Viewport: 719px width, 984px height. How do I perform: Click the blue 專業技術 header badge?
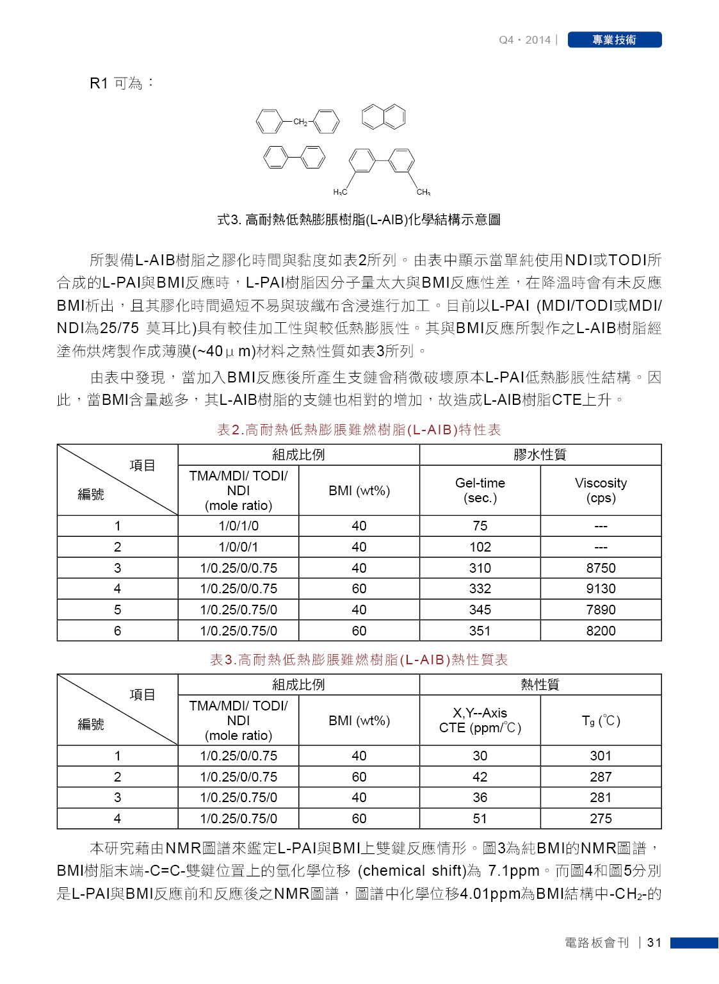coord(614,40)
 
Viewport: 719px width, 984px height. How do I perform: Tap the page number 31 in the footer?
coord(654,942)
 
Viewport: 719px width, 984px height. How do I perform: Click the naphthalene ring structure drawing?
coord(384,117)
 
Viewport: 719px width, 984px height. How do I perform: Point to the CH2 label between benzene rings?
coord(300,122)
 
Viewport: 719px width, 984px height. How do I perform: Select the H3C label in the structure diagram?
coord(340,192)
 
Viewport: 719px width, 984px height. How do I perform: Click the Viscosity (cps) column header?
coord(601,490)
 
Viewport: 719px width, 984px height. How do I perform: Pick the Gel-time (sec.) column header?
coord(480,490)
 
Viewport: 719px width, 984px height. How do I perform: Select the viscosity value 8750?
coord(601,568)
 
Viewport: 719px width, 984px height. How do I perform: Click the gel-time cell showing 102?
coord(480,547)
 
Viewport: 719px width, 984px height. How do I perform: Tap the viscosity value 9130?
coord(601,589)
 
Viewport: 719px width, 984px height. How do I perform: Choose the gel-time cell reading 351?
coord(480,631)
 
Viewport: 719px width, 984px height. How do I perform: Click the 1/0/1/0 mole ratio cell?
coord(238,526)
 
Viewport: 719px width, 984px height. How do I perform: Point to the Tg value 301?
coord(601,756)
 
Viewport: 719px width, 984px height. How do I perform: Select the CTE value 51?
coord(480,819)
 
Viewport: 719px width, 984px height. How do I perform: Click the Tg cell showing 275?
coord(601,819)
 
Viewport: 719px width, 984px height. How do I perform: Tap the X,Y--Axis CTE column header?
coord(480,720)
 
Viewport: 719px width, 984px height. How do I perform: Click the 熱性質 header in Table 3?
coord(540,685)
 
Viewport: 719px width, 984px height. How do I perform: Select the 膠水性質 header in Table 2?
coord(540,455)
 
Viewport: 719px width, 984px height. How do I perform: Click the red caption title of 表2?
coord(359,430)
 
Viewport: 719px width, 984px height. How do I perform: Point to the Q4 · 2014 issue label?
coord(524,40)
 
